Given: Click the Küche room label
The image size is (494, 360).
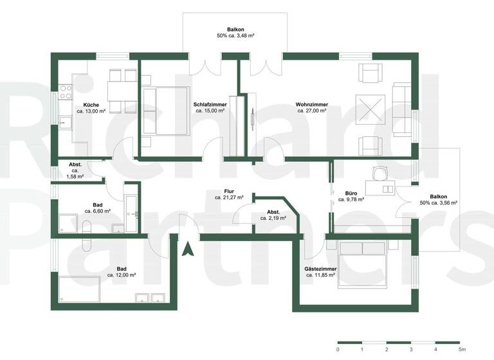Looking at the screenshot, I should coord(91,104).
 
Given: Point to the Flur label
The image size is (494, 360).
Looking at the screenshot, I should coord(228,192).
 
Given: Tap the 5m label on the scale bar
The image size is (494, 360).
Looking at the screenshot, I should coord(461,349).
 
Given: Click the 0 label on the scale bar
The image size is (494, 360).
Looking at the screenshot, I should coord(338,349).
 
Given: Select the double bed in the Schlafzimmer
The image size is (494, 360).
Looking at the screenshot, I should coord(166,111).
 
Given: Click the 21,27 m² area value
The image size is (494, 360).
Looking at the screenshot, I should coord(228,198).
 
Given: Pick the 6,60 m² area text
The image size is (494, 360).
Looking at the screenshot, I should coord(97,210).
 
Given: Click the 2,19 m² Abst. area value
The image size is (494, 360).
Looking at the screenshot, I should coord(273,219).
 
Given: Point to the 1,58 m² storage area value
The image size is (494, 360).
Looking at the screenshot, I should coord(76,176).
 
